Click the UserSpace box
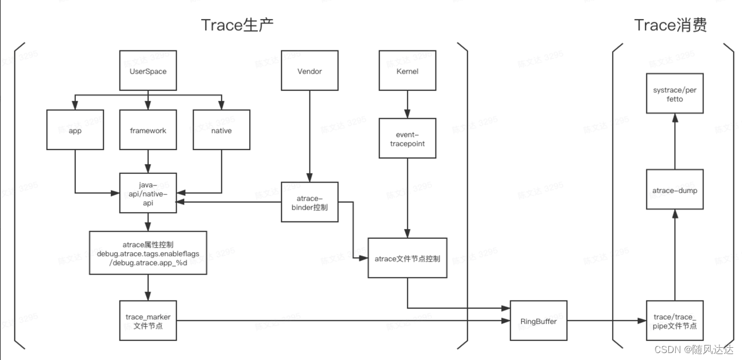(148, 71)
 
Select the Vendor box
(310, 71)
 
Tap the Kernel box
(407, 71)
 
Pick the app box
(75, 130)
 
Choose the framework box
(148, 130)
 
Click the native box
(221, 130)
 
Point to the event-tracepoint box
(407, 139)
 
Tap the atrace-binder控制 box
(310, 202)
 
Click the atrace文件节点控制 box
(407, 258)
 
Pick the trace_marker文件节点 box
(148, 321)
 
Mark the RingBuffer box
(538, 321)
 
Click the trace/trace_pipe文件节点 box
(675, 321)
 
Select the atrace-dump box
(675, 190)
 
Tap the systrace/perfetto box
(675, 94)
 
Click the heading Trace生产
(237, 25)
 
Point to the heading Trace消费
(671, 25)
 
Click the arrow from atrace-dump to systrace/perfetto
(675, 141)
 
